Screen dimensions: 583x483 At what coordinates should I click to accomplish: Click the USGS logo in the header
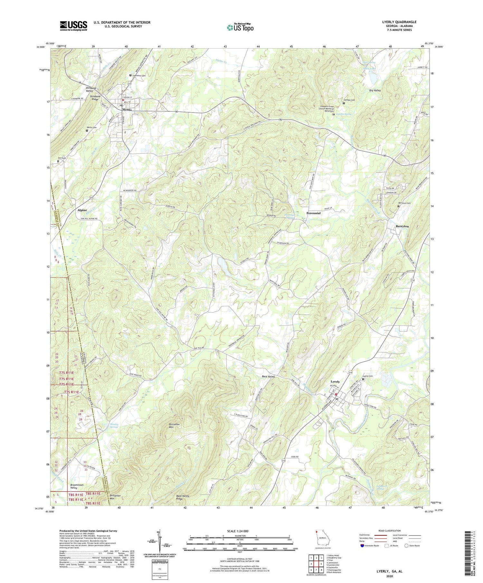73,26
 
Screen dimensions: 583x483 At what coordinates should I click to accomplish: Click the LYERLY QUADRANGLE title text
399,22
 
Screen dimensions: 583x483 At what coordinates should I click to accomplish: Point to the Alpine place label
82,210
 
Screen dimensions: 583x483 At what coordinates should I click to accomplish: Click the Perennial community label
313,213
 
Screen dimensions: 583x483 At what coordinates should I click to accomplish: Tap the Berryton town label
402,226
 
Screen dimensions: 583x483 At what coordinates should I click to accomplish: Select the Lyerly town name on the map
335,382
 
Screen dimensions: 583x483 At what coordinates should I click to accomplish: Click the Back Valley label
269,376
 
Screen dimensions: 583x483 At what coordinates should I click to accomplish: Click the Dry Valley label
375,91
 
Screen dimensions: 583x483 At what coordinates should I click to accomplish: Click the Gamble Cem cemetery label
349,100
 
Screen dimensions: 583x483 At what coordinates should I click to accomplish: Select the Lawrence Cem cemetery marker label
139,76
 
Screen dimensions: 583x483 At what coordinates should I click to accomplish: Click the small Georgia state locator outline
322,540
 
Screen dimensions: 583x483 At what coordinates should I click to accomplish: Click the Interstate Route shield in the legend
363,545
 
